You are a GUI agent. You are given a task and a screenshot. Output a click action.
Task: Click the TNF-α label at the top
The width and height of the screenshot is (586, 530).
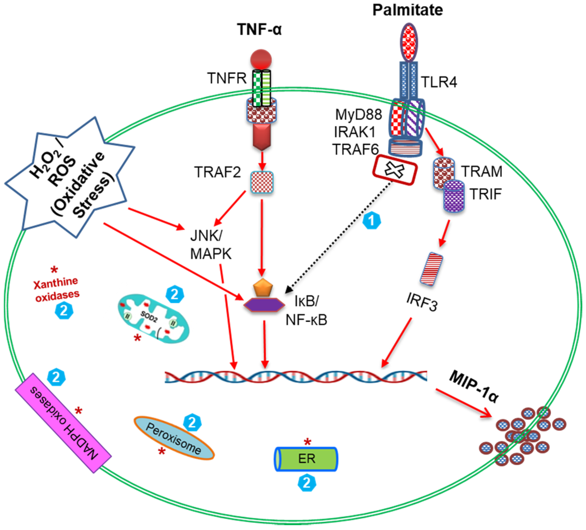click(259, 29)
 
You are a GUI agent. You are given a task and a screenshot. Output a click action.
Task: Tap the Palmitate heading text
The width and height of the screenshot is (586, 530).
click(407, 10)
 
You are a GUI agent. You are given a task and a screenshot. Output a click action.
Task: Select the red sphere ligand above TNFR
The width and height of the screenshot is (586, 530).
click(261, 60)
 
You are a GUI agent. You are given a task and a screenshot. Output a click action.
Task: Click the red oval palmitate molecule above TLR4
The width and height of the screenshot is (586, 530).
click(409, 43)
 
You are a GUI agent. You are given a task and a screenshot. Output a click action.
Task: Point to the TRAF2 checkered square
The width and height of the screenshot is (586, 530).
click(262, 182)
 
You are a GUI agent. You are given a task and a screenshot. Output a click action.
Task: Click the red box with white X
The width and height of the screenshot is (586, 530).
click(395, 170)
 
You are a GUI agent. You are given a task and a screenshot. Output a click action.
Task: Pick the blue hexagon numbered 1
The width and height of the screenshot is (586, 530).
click(372, 221)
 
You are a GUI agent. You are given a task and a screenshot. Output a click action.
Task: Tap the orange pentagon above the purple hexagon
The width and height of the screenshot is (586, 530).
click(263, 288)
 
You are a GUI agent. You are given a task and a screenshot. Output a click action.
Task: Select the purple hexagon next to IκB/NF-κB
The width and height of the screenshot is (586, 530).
click(264, 305)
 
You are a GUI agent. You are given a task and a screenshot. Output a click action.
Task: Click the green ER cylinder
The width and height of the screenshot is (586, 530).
click(306, 459)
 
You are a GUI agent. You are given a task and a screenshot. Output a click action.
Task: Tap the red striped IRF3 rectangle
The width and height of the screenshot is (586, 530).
click(431, 269)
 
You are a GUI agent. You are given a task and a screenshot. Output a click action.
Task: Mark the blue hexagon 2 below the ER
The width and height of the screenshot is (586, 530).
click(307, 483)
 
